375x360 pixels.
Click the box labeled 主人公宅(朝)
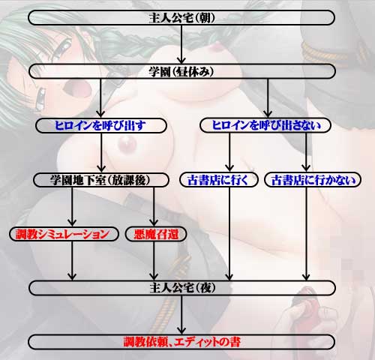pyautogui.click(x=181, y=18)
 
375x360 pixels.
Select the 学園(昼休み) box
pyautogui.click(x=182, y=71)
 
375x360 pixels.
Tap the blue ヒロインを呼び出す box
pyautogui.click(x=101, y=125)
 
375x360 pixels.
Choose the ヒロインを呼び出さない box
pyautogui.click(x=265, y=125)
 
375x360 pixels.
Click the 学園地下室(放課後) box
pyautogui.click(x=101, y=180)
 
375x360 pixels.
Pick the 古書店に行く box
pyautogui.click(x=218, y=179)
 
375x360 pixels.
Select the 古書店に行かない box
pyautogui.click(x=313, y=179)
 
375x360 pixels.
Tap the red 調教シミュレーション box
pyautogui.click(x=64, y=234)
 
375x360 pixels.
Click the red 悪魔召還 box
pyautogui.click(x=156, y=234)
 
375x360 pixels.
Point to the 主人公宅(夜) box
pyautogui.click(x=182, y=288)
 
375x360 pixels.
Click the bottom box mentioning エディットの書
pyautogui.click(x=181, y=342)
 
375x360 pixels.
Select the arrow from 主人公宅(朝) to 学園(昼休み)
pyautogui.click(x=181, y=44)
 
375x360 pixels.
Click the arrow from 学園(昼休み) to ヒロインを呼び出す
pyautogui.click(x=100, y=98)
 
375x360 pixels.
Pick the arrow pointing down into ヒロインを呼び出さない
pyautogui.click(x=268, y=98)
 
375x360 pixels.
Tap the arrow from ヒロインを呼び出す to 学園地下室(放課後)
pyautogui.click(x=101, y=152)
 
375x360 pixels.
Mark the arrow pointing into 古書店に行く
pyautogui.click(x=229, y=152)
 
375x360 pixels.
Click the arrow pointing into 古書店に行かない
pyautogui.click(x=306, y=152)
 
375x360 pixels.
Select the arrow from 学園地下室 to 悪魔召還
pyautogui.click(x=154, y=207)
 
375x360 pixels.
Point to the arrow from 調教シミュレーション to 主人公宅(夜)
pyautogui.click(x=72, y=261)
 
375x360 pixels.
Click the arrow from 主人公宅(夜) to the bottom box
pyautogui.click(x=181, y=315)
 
